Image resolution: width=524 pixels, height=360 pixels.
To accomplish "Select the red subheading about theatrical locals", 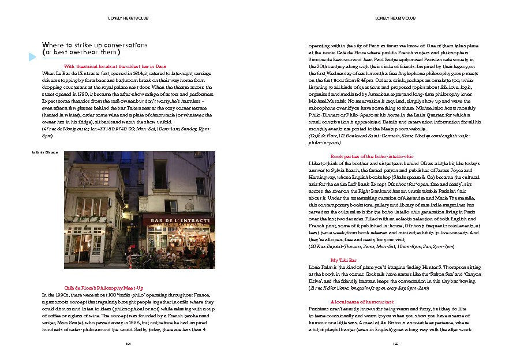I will tap(115, 66).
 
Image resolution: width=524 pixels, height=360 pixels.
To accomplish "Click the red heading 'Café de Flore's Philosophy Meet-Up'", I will tap(111, 287).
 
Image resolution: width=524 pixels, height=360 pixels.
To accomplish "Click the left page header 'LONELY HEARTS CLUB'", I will tap(126, 18).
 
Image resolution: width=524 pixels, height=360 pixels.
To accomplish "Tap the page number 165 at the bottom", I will tap(395, 344).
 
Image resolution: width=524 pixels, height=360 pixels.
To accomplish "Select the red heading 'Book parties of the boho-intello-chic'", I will tap(372, 156).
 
